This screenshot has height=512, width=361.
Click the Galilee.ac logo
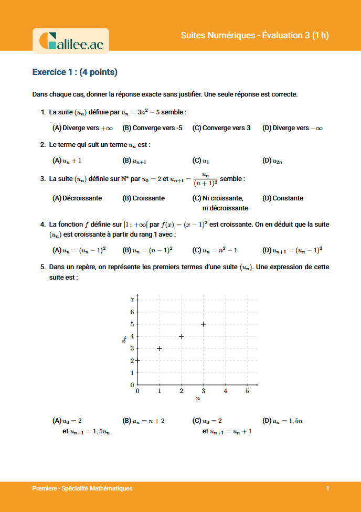click(71, 41)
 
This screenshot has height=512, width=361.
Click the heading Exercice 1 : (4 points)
click(75, 72)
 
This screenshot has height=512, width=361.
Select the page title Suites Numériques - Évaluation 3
click(254, 36)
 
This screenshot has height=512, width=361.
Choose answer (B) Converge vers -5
click(152, 128)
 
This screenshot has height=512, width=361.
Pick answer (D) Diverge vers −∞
click(292, 128)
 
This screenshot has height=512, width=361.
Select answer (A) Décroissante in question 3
click(77, 198)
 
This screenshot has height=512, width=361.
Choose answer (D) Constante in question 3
click(283, 198)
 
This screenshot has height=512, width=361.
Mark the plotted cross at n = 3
click(203, 324)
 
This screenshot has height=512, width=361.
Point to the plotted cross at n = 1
click(159, 348)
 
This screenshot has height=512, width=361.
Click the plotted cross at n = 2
click(181, 336)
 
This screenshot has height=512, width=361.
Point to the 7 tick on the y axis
click(132, 300)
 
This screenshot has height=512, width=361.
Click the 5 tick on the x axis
click(247, 391)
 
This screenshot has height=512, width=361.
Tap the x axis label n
click(198, 399)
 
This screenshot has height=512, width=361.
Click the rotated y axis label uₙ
click(123, 340)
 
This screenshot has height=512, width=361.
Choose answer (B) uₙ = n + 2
click(143, 421)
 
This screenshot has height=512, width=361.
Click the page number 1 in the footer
click(327, 488)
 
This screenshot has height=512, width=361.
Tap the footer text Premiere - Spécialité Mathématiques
click(82, 488)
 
